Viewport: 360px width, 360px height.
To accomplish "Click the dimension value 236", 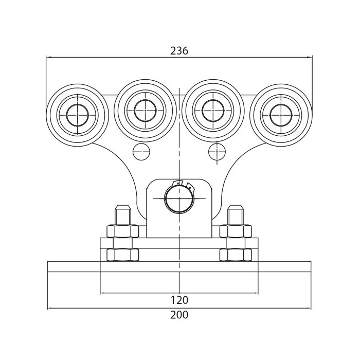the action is click(x=179, y=51).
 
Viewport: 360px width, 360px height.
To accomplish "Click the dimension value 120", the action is click(x=179, y=300).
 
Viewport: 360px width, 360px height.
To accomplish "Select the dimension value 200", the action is click(x=179, y=315).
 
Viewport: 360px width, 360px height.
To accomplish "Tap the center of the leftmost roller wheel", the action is click(x=77, y=115).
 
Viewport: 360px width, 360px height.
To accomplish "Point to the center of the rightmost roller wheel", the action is click(x=281, y=115).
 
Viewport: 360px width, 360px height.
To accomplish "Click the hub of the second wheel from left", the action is click(x=145, y=111).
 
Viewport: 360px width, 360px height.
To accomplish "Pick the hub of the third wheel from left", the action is click(x=213, y=111).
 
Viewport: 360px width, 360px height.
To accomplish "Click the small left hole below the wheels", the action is click(x=141, y=152).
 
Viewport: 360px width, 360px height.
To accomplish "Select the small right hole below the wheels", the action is click(x=217, y=152).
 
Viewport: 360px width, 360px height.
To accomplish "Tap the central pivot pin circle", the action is click(x=179, y=199).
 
